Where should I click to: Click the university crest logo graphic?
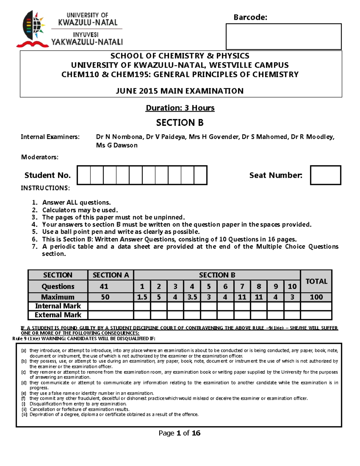(32, 29)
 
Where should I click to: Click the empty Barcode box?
(283, 37)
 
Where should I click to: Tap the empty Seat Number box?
(325, 175)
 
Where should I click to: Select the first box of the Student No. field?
(84, 175)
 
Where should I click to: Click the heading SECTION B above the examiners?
(180, 122)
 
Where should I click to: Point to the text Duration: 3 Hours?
(180, 108)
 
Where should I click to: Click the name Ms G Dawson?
(117, 146)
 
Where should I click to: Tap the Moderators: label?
(40, 157)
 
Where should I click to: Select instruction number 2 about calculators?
(80, 210)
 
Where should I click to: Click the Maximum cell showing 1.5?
(142, 297)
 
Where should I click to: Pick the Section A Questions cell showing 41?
(104, 287)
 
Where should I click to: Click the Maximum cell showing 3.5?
(192, 297)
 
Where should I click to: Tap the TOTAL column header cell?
(316, 281)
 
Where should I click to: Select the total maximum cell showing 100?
(316, 297)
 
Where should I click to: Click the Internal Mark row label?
(58, 306)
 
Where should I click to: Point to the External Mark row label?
(58, 315)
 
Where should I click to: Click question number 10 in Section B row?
(292, 287)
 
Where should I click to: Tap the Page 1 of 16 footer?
(179, 433)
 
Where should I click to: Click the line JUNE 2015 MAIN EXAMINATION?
(180, 91)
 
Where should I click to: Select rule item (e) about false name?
(91, 393)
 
